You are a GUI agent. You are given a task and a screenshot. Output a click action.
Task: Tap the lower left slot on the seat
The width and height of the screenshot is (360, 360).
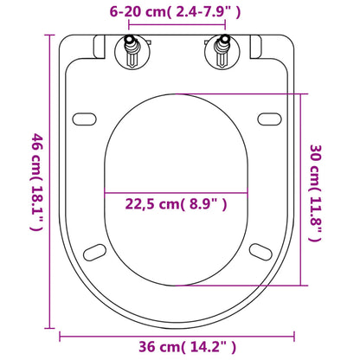tap(96, 252)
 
